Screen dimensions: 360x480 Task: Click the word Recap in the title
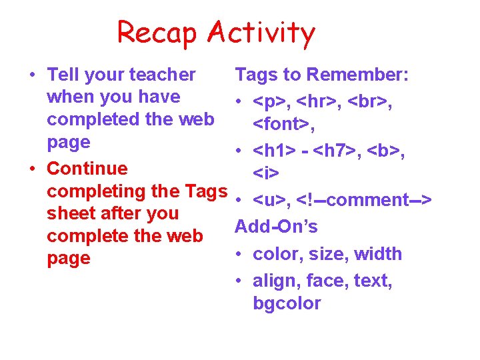point(157,33)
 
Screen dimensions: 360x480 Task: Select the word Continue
point(87,167)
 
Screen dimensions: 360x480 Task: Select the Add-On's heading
point(277,226)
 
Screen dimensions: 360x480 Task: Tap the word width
point(378,254)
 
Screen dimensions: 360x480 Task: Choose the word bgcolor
point(287,303)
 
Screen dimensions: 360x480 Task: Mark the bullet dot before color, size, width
point(238,255)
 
